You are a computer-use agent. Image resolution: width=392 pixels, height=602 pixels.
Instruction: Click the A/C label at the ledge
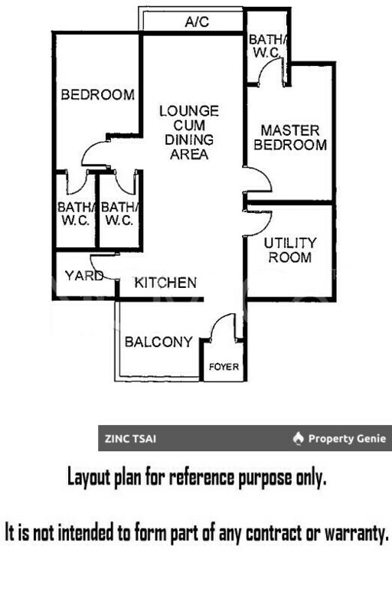coord(198,24)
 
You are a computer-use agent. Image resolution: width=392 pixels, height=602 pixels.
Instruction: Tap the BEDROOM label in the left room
coord(97,96)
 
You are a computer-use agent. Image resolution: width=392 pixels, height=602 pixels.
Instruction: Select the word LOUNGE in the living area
coord(189,112)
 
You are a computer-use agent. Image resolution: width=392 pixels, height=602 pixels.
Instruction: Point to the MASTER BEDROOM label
coord(290,138)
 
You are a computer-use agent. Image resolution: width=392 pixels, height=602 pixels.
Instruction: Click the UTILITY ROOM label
coord(289,250)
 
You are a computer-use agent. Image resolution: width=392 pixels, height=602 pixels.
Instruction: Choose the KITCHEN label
coord(165,283)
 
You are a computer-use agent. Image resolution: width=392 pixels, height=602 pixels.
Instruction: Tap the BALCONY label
coord(158,342)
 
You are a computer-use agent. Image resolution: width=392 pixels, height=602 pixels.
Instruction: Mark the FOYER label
coord(224,368)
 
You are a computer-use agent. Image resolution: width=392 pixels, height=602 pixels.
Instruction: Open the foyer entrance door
coord(223,329)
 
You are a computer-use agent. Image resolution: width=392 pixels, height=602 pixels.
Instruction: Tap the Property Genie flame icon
coord(299,440)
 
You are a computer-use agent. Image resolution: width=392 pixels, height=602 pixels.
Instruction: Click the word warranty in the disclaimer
coord(349,532)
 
